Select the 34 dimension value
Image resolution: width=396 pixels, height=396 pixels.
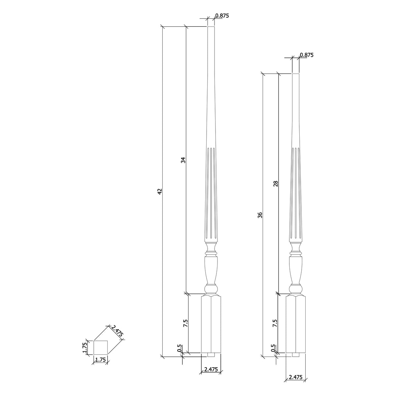tap(183, 160)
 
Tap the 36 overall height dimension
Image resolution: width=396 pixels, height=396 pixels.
tap(260, 215)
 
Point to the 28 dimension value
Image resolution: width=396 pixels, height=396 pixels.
tap(276, 184)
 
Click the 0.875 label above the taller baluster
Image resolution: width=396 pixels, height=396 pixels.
tap(222, 16)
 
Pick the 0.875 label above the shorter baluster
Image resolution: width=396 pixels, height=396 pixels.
tap(307, 55)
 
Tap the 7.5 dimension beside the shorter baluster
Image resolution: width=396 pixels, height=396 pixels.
tap(275, 323)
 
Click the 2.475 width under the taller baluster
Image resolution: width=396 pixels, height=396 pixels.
tap(211, 370)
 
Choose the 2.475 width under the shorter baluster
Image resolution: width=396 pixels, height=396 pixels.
tap(296, 377)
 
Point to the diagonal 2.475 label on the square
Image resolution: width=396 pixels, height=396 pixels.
tap(117, 331)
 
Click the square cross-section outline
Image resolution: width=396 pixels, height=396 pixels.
tap(101, 347)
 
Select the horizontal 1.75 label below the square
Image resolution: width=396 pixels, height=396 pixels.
tap(100, 360)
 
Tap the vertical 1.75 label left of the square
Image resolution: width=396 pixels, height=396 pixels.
tap(84, 347)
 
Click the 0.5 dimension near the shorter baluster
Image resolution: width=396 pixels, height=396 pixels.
tap(273, 348)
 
